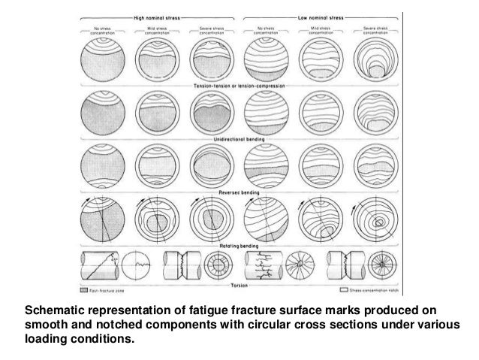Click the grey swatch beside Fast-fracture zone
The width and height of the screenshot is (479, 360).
point(84,289)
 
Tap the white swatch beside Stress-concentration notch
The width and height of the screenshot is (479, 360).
point(345,289)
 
